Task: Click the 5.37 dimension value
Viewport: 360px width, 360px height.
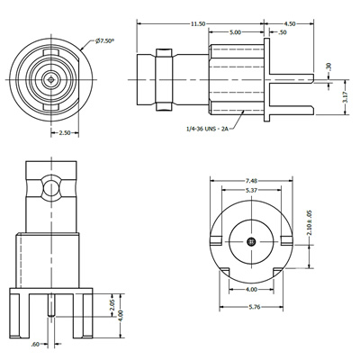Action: coord(253,190)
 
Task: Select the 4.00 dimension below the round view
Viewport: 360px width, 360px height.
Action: coord(253,291)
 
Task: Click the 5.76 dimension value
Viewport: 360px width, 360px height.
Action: coord(253,309)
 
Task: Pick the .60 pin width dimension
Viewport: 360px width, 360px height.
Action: coord(37,344)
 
